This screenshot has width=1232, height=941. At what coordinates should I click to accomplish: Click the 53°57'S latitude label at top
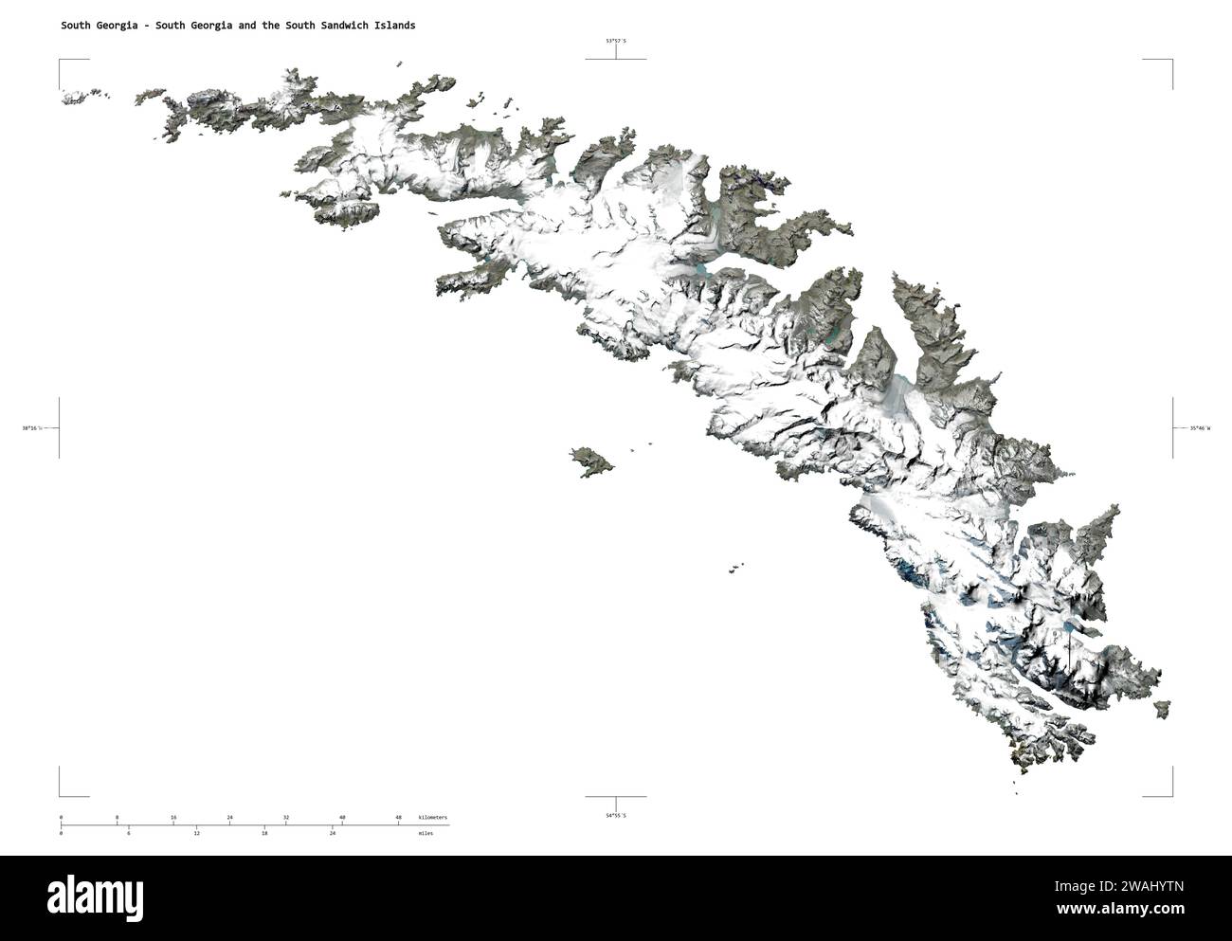(616, 41)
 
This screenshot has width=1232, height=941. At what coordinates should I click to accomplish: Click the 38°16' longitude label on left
(32, 428)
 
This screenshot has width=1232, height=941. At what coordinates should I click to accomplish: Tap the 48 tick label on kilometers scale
(398, 817)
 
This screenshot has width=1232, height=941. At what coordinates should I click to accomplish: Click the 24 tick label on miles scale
(332, 833)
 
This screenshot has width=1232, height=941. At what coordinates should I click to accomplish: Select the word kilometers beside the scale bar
(433, 817)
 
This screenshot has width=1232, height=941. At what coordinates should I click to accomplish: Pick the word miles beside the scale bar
(426, 833)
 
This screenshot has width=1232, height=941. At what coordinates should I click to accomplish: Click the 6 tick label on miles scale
(129, 833)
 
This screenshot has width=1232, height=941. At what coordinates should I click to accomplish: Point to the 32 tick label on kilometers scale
(285, 817)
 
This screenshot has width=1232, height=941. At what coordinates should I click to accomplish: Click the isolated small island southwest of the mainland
(591, 461)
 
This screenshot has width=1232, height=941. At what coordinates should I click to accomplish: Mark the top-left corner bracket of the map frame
(62, 62)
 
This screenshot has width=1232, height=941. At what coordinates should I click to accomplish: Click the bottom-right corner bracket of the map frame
(1170, 794)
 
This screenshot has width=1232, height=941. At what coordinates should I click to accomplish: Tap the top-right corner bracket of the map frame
(1170, 62)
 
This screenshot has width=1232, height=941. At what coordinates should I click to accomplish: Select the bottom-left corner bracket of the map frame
(62, 794)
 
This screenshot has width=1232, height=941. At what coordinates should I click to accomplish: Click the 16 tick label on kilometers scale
(173, 817)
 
